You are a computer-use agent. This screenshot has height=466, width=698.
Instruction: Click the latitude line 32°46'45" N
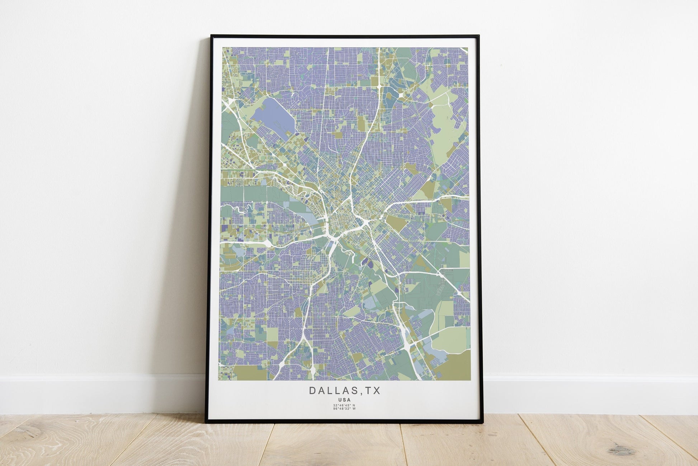[344, 405]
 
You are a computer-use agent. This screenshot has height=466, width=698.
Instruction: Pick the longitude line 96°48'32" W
[344, 409]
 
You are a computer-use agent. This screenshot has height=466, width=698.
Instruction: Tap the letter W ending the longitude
[354, 409]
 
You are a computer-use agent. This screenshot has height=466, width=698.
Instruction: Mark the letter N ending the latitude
[354, 405]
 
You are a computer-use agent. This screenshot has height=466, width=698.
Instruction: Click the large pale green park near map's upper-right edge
[447, 118]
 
